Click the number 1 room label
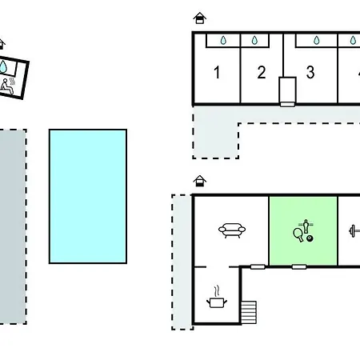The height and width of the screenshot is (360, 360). (217, 72)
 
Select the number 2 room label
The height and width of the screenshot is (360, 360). (262, 72)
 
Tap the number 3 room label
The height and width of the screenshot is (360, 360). (310, 72)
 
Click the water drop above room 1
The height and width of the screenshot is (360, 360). (223, 40)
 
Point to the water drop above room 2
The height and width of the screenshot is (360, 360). (254, 40)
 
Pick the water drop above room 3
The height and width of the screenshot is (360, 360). (317, 40)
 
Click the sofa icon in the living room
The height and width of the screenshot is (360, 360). (232, 230)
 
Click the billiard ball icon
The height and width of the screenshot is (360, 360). (310, 238)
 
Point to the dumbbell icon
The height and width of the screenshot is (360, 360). (354, 231)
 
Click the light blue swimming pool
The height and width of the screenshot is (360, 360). (88, 196)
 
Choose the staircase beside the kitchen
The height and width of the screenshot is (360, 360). (249, 312)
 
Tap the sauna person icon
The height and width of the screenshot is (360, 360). (6, 86)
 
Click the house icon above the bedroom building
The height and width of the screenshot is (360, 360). (200, 18)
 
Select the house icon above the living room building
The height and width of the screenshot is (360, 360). (200, 181)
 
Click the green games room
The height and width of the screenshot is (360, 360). (303, 231)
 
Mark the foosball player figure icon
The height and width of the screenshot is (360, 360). (306, 226)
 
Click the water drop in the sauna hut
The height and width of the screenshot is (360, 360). (3, 66)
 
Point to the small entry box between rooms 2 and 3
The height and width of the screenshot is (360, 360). (287, 91)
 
